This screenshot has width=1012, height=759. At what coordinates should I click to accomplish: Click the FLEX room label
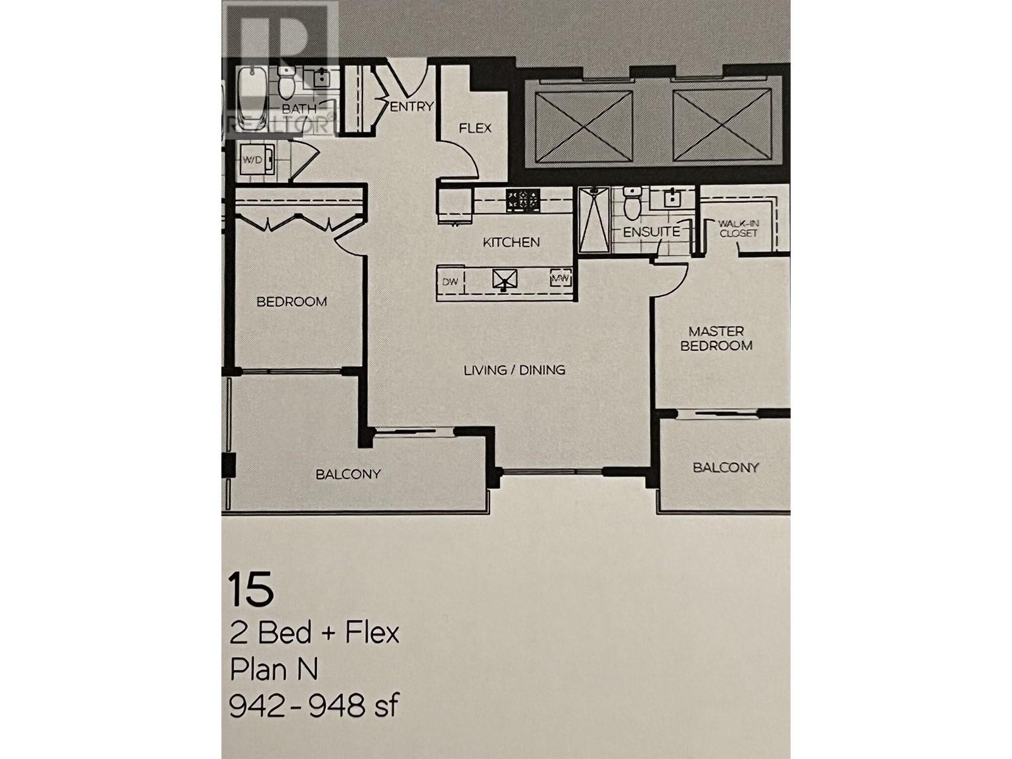pyautogui.click(x=475, y=128)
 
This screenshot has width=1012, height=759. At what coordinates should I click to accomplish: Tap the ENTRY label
pyautogui.click(x=412, y=107)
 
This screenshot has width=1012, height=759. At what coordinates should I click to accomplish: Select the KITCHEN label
pyautogui.click(x=511, y=242)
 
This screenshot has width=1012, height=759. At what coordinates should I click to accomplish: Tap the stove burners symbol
pyautogui.click(x=523, y=201)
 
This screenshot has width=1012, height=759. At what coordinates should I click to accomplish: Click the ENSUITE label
pyautogui.click(x=651, y=232)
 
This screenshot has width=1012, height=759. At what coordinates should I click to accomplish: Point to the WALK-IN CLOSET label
pyautogui.click(x=737, y=228)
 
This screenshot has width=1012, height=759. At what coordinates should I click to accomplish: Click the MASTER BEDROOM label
pyautogui.click(x=716, y=338)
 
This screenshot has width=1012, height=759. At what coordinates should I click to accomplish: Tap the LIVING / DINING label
pyautogui.click(x=514, y=370)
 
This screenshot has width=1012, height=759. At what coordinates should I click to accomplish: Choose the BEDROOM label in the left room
pyautogui.click(x=292, y=302)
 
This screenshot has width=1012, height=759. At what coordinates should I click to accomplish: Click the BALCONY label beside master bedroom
pyautogui.click(x=725, y=468)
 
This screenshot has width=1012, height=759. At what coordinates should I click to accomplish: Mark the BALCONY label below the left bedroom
pyautogui.click(x=348, y=474)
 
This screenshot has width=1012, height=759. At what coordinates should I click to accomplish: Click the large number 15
pyautogui.click(x=251, y=589)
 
